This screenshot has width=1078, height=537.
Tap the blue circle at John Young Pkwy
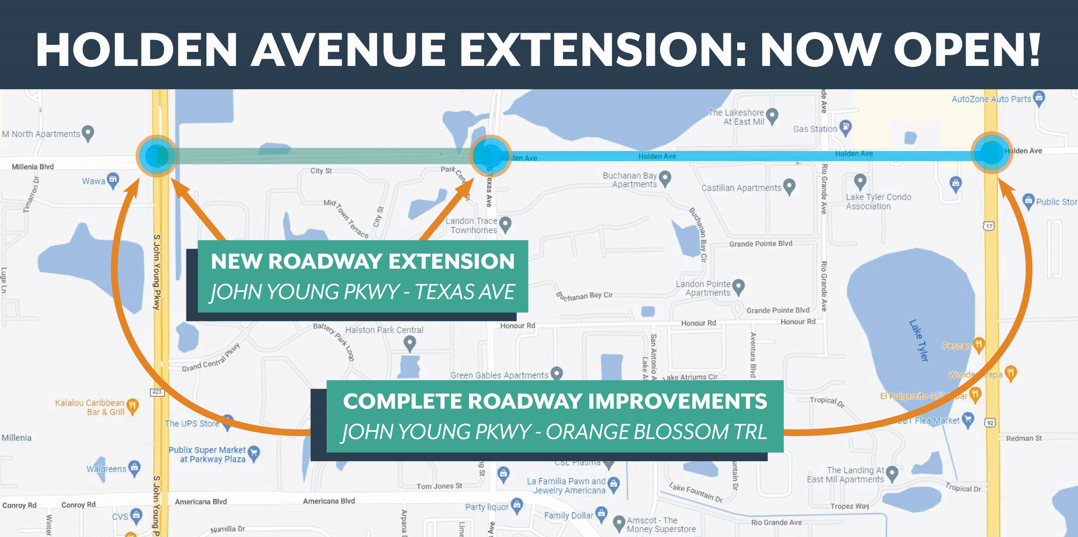(x=156, y=156)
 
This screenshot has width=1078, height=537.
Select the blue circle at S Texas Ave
(x=490, y=156)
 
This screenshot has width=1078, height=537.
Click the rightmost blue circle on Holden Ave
(x=991, y=153)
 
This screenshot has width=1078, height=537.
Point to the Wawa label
(x=93, y=181)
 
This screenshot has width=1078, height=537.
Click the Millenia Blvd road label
(x=33, y=167)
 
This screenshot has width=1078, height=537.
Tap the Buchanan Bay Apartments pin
(x=665, y=178)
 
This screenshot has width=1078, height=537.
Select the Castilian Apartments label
(x=741, y=188)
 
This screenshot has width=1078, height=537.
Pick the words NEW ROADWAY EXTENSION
(x=362, y=261)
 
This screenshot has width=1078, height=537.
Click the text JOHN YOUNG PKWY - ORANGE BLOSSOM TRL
(x=554, y=432)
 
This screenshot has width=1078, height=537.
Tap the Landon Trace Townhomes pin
(x=505, y=223)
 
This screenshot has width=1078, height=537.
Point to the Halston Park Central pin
(x=410, y=343)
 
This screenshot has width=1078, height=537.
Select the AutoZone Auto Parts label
(x=991, y=99)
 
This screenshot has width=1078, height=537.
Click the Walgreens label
(x=106, y=469)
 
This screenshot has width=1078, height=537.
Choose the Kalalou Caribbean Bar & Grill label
(x=90, y=407)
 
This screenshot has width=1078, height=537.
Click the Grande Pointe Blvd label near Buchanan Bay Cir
(x=760, y=244)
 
